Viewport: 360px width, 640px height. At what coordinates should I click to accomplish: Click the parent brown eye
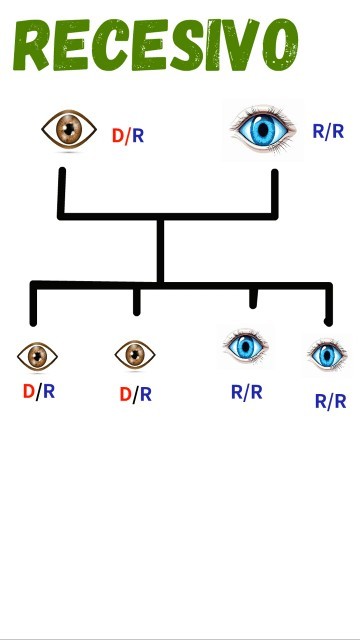(69, 128)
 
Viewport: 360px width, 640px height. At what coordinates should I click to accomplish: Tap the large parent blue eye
(263, 130)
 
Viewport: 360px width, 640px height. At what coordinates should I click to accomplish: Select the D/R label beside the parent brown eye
(128, 136)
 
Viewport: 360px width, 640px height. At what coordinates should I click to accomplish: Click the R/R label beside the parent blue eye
(328, 131)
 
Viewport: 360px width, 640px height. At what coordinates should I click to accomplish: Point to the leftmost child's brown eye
(38, 355)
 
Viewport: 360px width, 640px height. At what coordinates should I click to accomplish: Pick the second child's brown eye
(135, 354)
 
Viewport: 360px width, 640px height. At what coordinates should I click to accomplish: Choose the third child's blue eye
(245, 347)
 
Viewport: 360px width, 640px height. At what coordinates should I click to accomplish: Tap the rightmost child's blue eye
(326, 354)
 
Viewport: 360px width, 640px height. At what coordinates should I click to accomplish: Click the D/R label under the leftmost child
(39, 391)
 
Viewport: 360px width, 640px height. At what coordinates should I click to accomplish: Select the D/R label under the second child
(136, 394)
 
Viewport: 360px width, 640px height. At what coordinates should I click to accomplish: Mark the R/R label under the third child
(247, 392)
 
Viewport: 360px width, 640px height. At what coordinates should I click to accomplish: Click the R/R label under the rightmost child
(330, 401)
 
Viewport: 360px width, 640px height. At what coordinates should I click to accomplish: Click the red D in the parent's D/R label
(117, 136)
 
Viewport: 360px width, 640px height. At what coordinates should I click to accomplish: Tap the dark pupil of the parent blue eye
(264, 130)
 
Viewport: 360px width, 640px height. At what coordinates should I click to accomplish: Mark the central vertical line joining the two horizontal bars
(160, 250)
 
